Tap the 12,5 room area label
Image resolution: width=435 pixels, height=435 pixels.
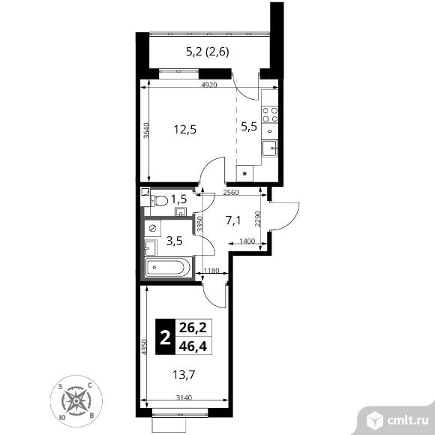(185, 130)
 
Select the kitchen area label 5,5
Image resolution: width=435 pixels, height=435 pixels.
(249, 127)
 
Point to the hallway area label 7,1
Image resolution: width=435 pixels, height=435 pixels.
(233, 220)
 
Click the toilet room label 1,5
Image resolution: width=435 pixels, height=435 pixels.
(178, 199)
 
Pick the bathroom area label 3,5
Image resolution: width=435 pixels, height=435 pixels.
(174, 241)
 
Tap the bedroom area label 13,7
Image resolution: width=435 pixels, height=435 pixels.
(184, 375)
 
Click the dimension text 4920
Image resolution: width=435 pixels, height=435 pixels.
(209, 85)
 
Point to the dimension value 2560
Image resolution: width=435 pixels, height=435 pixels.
(231, 192)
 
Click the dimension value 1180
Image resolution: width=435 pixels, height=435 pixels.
(211, 271)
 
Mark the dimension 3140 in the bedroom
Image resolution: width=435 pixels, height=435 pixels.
(184, 397)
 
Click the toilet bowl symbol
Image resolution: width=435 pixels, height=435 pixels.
(159, 200)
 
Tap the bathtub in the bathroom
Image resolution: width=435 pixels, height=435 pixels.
(168, 267)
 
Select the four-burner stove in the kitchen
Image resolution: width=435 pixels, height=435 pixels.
(270, 115)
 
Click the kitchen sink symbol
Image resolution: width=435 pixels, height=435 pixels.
(270, 148)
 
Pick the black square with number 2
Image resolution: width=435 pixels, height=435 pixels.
(165, 337)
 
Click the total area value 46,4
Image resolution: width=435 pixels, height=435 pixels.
(193, 346)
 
